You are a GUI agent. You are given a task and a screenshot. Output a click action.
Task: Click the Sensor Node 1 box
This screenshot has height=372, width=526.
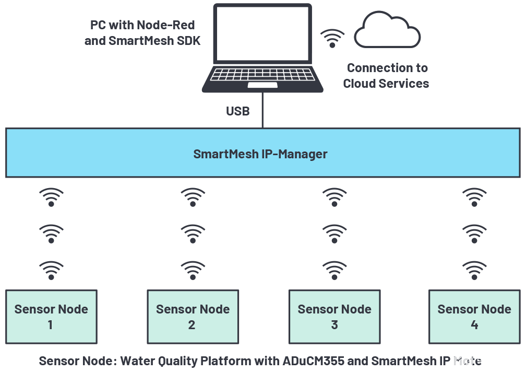[x=51, y=317]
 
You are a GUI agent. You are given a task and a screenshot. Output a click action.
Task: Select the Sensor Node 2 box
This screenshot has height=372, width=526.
[x=193, y=317]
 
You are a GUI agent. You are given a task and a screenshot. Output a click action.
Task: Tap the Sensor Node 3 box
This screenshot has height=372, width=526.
[x=334, y=317]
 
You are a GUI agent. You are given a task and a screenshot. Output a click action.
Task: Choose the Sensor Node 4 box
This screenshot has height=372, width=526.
[x=474, y=317]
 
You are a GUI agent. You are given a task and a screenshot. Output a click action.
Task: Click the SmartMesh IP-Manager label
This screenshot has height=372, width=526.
[x=260, y=154]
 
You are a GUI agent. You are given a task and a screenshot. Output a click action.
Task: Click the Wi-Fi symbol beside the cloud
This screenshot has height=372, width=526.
[x=332, y=38]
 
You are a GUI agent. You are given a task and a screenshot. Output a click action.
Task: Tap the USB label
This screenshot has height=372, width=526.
[x=238, y=111]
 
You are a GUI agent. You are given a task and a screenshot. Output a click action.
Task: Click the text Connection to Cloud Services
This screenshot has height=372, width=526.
[x=387, y=76]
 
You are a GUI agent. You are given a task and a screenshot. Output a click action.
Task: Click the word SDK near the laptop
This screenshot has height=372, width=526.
[x=188, y=41]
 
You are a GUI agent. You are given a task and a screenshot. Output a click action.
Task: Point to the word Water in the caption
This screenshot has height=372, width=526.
[x=136, y=361]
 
